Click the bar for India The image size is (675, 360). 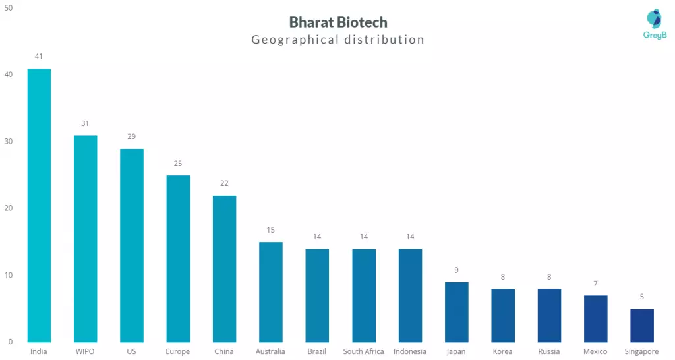point(39,205)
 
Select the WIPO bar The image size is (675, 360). point(85,239)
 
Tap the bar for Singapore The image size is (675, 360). point(642,325)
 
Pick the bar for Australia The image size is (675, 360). point(270,291)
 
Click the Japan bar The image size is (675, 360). point(456,312)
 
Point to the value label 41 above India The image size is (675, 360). point(39,57)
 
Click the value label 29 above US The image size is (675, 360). point(132,136)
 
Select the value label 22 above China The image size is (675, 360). point(224,183)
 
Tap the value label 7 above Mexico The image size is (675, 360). point(595,284)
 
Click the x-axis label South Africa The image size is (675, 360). point(363,351)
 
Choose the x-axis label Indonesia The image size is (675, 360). point(410,351)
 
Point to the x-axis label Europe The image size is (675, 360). point(178,351)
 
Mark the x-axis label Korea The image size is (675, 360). point(502,351)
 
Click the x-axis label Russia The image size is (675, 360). point(549,351)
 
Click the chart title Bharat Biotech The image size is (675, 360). point(338,22)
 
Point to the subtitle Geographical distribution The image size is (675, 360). point(338,40)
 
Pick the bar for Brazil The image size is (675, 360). point(317,295)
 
